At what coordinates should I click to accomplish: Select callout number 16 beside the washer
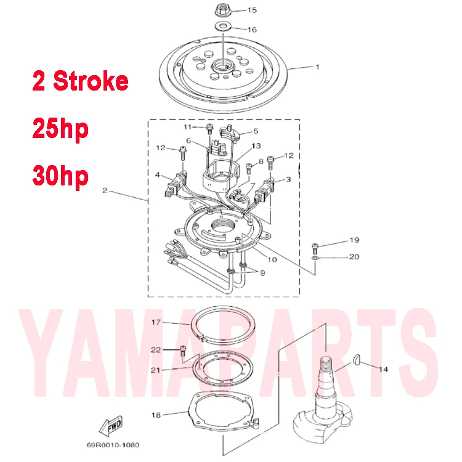pos(252,29)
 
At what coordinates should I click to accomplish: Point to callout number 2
pos(105,192)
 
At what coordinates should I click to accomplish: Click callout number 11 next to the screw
pos(187,126)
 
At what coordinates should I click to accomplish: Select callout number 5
pos(256,131)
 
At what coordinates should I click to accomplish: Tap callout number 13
pos(256,145)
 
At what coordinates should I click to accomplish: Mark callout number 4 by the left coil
pos(159,175)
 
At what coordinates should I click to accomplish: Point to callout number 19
pos(354,240)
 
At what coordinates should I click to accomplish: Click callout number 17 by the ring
pos(156,322)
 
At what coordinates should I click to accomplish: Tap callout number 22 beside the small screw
pos(156,349)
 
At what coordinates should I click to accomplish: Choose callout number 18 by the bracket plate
pos(156,415)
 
